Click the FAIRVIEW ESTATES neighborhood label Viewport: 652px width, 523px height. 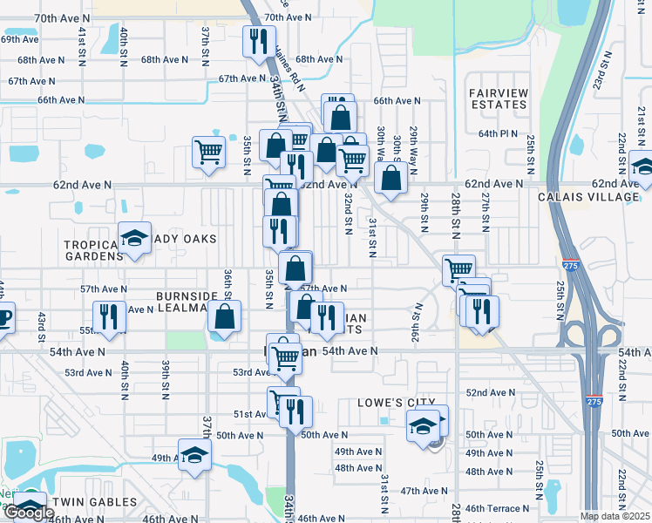[498, 98]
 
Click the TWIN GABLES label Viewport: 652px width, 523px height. [94, 502]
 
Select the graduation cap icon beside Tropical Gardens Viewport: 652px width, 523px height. [135, 238]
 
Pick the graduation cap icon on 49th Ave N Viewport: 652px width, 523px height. [194, 454]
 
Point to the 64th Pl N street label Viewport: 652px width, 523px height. [498, 134]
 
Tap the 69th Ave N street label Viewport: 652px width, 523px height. [19, 39]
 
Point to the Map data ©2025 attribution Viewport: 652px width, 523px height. [615, 516]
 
